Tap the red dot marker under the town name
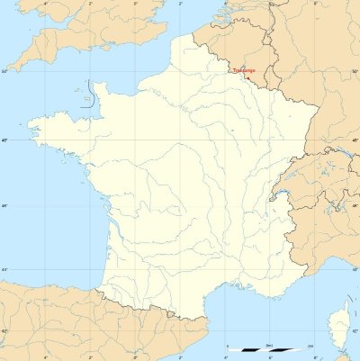pyautogui.click(x=246, y=75)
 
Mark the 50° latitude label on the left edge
pyautogui.click(x=4, y=69)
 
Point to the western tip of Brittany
pyautogui.click(x=31, y=122)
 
